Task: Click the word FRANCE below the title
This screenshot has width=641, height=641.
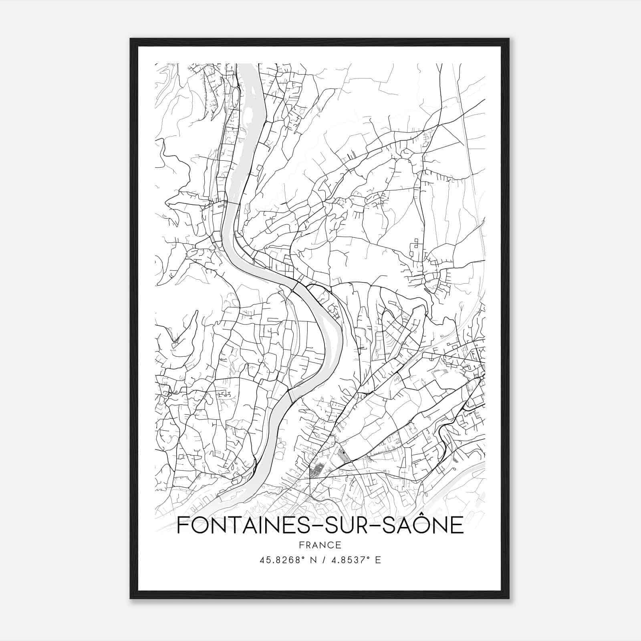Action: [320, 545]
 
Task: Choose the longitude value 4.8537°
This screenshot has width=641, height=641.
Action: [348, 560]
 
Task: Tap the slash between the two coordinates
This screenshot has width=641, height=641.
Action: [323, 560]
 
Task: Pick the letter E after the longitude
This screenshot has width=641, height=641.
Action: [378, 560]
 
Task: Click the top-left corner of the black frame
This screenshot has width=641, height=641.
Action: [131, 39]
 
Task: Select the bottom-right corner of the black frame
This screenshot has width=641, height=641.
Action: [509, 599]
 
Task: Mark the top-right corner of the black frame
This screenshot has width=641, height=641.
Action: [509, 39]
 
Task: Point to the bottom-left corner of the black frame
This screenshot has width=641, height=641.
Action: [131, 599]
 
